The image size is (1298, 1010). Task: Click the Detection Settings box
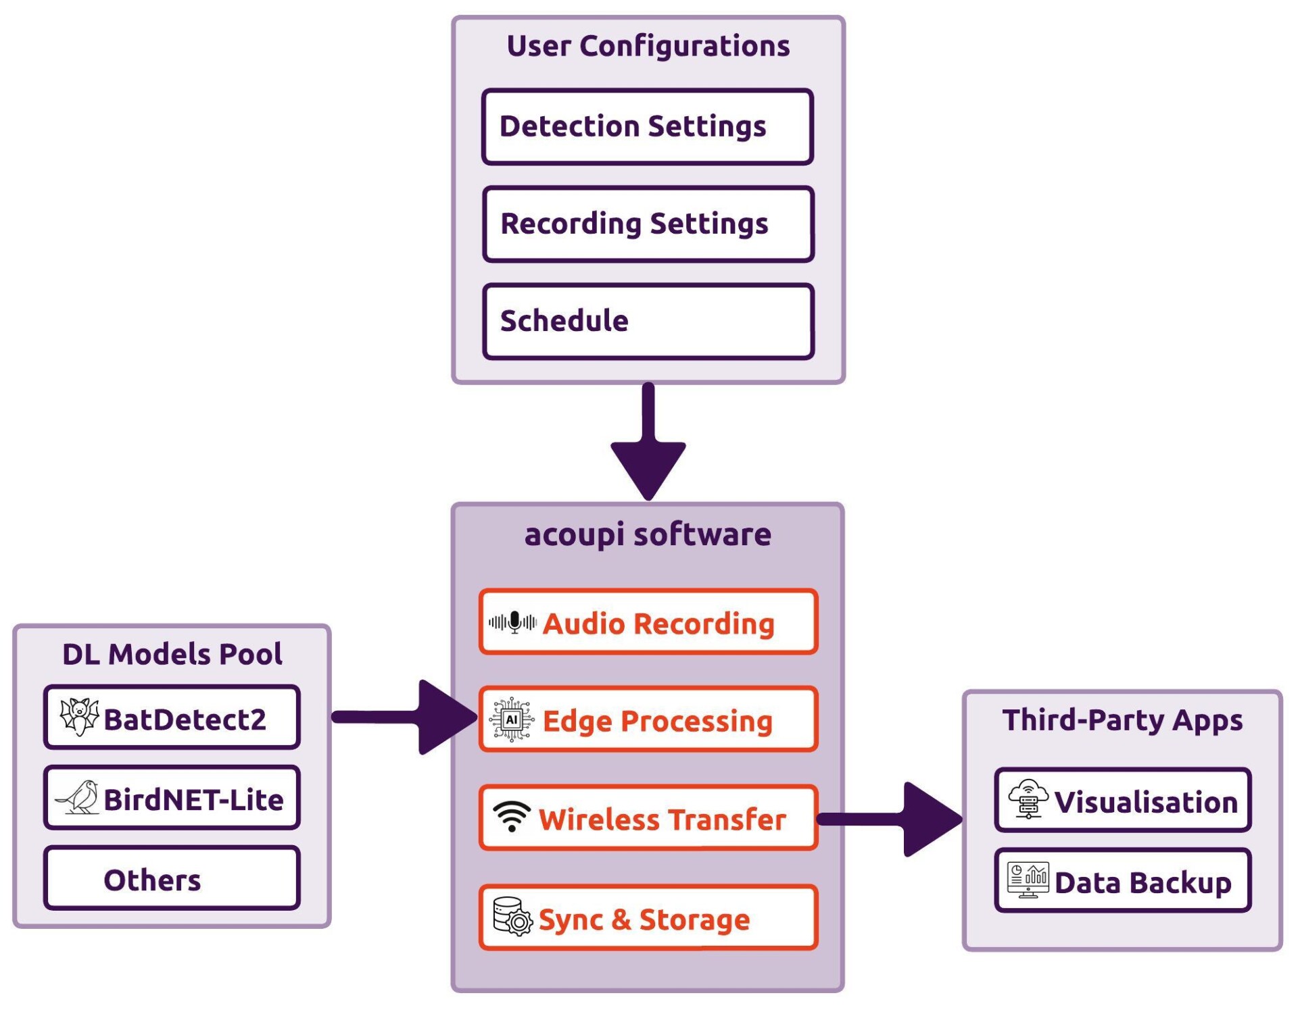(647, 127)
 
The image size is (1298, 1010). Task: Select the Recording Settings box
(647, 224)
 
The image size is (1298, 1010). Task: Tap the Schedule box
(647, 322)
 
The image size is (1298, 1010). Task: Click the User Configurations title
(648, 46)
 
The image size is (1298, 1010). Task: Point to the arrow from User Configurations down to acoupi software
(648, 446)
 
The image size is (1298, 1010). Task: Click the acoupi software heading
(647, 534)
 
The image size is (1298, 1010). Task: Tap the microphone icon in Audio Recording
(513, 622)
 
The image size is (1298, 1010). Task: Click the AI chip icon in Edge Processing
(512, 719)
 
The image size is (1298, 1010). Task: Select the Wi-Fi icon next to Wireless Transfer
(511, 816)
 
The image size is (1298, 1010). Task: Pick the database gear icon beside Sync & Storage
(512, 917)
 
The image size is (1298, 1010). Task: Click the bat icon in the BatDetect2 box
(79, 717)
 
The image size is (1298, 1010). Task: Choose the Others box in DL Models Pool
(172, 878)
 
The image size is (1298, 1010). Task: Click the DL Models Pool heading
(172, 654)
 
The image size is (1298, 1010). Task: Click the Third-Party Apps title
(1122, 720)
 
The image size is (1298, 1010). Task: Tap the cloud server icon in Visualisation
(1028, 799)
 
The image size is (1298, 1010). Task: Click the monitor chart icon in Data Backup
(1028, 880)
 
